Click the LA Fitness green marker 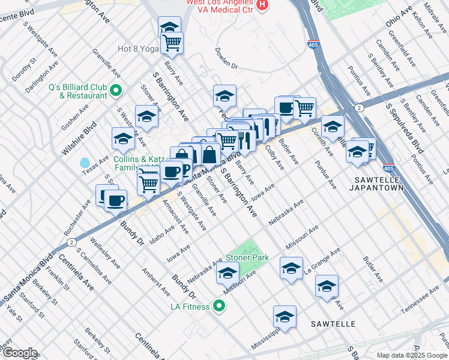[220, 307]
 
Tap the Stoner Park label [247, 258]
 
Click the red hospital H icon [262, 5]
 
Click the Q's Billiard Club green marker [115, 92]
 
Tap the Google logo [19, 353]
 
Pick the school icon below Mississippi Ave [285, 316]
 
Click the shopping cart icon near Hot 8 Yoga [172, 43]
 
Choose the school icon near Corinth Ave [332, 127]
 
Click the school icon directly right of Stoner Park [291, 268]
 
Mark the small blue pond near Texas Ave [85, 163]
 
